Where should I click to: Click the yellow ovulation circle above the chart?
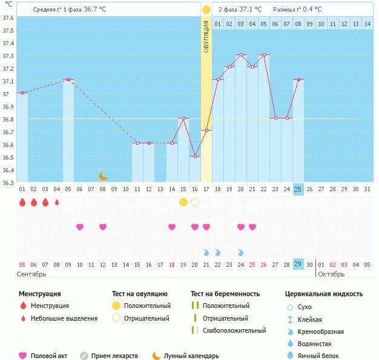206,10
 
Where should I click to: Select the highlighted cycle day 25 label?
298,189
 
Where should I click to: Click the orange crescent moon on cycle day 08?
103,176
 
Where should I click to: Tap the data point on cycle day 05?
68,80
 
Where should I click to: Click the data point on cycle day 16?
195,157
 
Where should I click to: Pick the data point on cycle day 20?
241,55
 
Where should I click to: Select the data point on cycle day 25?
298,80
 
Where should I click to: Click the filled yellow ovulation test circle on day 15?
183,202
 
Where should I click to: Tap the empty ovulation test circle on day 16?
195,202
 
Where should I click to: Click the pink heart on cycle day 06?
80,227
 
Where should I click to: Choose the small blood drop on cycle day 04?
57,202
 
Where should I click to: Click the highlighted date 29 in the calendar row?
298,264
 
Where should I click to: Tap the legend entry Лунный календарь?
191,356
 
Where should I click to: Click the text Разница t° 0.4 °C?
298,10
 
